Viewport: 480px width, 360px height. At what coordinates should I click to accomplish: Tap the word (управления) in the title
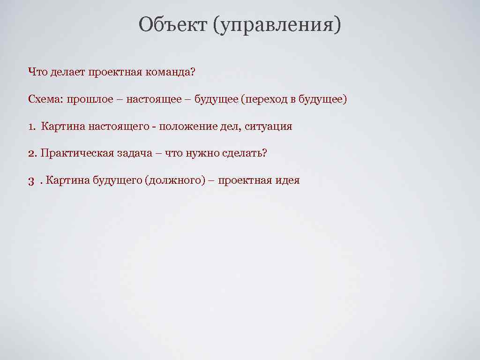pyautogui.click(x=277, y=25)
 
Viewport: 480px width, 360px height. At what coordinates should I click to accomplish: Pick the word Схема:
pyautogui.click(x=45, y=99)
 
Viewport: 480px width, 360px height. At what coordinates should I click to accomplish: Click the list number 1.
pyautogui.click(x=31, y=127)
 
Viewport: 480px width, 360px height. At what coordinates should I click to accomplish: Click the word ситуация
pyautogui.click(x=269, y=127)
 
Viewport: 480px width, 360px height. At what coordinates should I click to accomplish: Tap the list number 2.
pyautogui.click(x=32, y=153)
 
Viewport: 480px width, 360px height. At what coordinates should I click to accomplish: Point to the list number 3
pyautogui.click(x=31, y=180)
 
